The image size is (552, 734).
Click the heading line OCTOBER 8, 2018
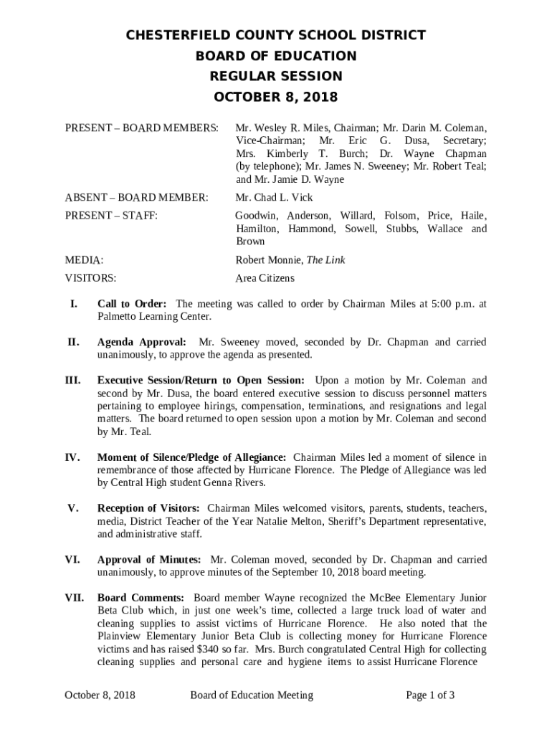coord(276,97)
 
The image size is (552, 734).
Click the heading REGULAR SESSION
coord(276,76)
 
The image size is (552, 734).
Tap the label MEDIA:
coord(84,260)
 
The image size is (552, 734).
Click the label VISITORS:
coord(90,278)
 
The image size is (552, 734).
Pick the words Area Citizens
coord(265,278)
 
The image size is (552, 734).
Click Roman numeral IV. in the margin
coord(73,457)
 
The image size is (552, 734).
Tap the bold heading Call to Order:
coord(132,304)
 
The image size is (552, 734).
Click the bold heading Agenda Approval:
coord(142,342)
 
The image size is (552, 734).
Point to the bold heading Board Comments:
coord(141,598)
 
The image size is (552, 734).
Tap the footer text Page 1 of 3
coord(430,695)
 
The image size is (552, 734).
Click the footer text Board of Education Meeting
coord(252,695)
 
